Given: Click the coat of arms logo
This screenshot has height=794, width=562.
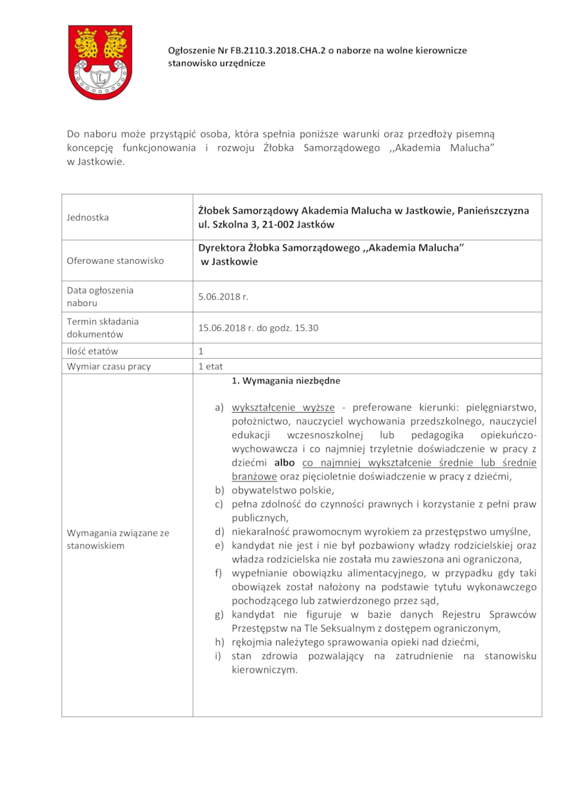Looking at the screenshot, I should (x=100, y=62).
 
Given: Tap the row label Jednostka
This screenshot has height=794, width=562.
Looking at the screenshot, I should (x=88, y=218).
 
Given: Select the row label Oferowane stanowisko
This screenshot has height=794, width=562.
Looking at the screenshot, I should (x=115, y=260).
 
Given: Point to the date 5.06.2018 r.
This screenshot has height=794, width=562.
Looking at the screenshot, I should (x=223, y=297).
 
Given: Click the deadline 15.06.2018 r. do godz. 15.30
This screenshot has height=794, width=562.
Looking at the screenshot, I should (x=259, y=328).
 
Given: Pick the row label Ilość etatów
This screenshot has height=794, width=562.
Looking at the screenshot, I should (x=93, y=351).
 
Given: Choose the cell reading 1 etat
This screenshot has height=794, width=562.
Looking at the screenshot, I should (x=210, y=366).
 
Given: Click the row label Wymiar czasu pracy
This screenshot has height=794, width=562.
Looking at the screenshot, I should (x=109, y=366).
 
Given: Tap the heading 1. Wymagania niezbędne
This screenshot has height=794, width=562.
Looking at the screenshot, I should (x=286, y=381).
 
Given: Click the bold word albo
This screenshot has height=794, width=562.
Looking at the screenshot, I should (x=285, y=463).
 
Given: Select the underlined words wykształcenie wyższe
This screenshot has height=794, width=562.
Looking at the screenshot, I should (x=278, y=407).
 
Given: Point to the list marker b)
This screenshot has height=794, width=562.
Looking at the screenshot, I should (x=218, y=490).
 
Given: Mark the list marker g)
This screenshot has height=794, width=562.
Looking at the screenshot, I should (x=218, y=614).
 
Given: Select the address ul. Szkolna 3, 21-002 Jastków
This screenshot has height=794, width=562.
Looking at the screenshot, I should (x=266, y=225).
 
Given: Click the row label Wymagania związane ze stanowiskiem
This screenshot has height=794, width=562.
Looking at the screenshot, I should (x=118, y=539).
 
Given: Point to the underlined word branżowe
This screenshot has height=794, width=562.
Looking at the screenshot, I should (x=250, y=477).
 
